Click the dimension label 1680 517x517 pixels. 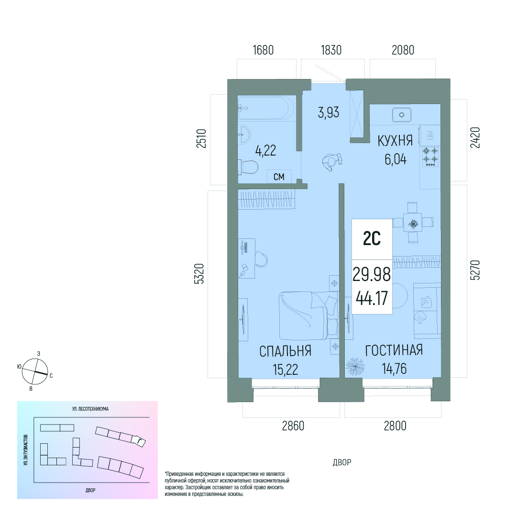[263, 50]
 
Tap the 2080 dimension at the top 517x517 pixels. [403, 50]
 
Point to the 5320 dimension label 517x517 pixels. [199, 273]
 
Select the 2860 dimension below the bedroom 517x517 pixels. [293, 426]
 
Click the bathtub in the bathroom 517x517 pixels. [266, 107]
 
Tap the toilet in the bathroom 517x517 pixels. [248, 167]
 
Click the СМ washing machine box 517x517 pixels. [279, 177]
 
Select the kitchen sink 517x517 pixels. [402, 115]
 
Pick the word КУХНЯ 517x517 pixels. [395, 141]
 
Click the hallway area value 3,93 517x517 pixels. [329, 112]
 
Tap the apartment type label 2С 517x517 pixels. [372, 238]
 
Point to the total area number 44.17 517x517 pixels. [372, 298]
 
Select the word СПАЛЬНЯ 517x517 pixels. [285, 351]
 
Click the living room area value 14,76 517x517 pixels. [395, 369]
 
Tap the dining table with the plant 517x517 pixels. [412, 224]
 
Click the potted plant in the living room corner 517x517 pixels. [355, 366]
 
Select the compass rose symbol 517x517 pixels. [35, 371]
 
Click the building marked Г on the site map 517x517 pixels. [139, 441]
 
